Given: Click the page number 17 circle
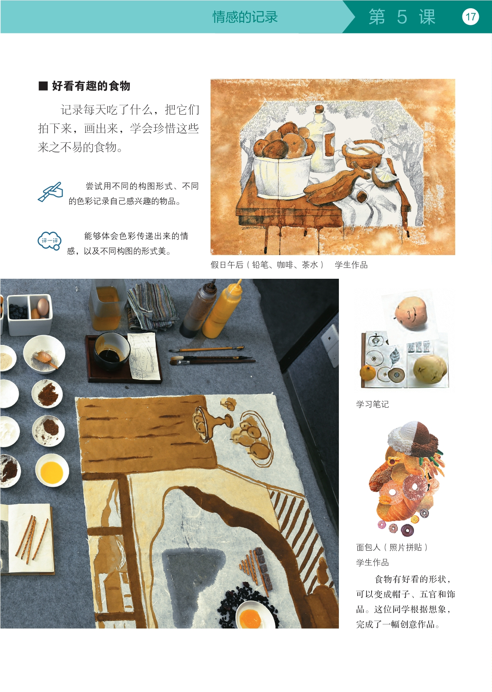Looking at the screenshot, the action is pos(471,17).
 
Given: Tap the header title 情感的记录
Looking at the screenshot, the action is pos(245,17).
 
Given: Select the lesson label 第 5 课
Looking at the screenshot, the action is pos(402,17).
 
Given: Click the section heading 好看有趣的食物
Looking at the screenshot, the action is pos(91,86).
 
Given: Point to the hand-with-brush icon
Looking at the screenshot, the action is pos(50,192).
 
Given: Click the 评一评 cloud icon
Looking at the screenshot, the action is pos(50,241).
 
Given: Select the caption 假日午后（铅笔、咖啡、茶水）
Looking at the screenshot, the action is pos(267,265).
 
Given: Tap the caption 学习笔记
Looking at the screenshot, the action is pos(372,404).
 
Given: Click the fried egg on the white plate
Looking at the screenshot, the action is pos(250,617).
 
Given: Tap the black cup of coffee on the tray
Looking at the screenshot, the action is pos(112,351).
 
